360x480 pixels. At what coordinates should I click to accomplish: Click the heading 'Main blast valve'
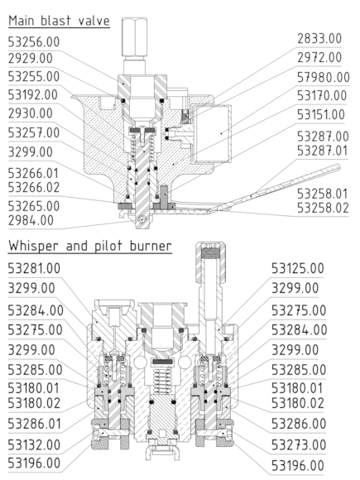click(59, 21)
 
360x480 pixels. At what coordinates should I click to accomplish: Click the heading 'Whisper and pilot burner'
click(90, 246)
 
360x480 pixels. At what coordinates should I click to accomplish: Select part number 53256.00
click(34, 42)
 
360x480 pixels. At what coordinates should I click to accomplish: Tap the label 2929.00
click(31, 58)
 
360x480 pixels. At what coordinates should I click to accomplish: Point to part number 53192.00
click(33, 95)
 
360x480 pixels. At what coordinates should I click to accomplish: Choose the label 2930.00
click(31, 113)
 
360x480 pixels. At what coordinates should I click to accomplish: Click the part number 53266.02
click(34, 187)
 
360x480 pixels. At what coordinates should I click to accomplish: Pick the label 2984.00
click(31, 220)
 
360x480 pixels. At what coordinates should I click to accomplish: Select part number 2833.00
click(319, 39)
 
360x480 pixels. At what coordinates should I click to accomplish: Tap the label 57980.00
click(324, 77)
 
